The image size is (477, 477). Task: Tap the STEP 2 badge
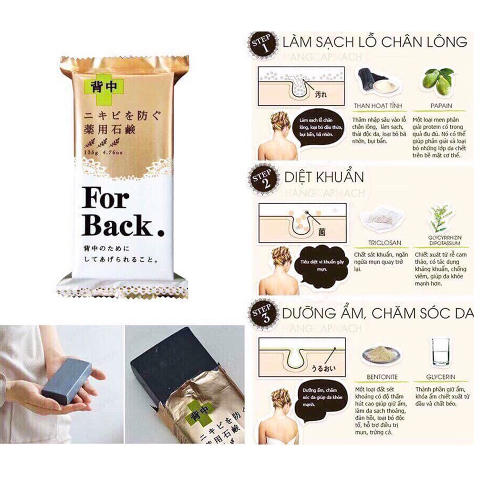tap(262, 179)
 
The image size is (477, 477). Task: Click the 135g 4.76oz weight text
tap(102, 152)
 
